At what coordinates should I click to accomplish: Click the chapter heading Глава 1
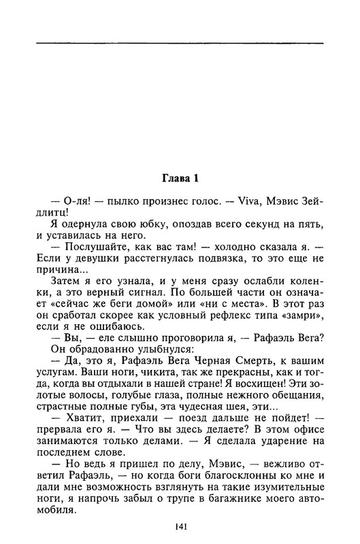[180, 180]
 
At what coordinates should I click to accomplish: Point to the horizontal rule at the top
[180, 43]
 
